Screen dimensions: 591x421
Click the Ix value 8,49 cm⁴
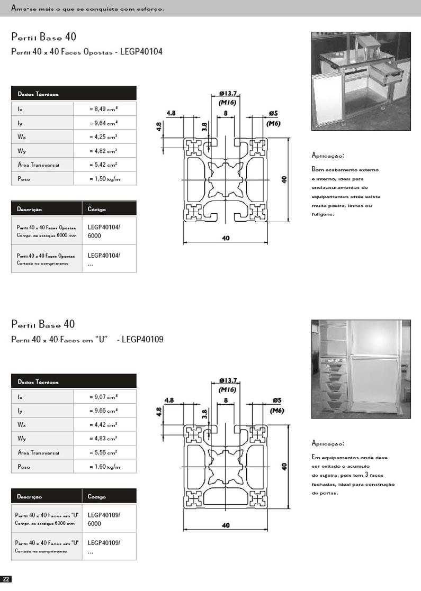tap(104, 108)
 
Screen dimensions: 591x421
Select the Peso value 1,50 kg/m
tap(104, 179)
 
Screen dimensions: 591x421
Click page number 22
tap(6, 579)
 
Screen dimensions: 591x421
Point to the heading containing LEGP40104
tap(87, 52)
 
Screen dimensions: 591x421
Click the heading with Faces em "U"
tap(87, 340)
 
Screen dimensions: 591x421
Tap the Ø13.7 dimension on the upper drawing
tap(227, 94)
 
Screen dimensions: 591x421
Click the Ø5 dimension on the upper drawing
tap(273, 113)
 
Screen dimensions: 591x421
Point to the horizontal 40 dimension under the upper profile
tap(226, 238)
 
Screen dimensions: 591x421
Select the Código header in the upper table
tap(96, 209)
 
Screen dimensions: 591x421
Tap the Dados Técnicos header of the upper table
tap(38, 94)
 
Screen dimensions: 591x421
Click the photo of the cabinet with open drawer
tap(361, 81)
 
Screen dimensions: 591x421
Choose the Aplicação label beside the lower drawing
tap(328, 443)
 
